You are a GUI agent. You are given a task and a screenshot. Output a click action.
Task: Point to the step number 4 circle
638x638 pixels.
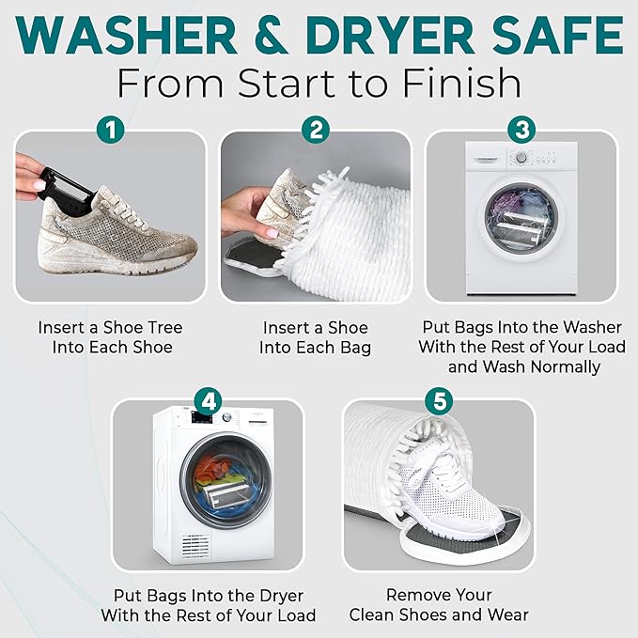(x=208, y=400)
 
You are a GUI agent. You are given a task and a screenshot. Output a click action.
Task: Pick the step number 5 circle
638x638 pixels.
(x=438, y=400)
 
